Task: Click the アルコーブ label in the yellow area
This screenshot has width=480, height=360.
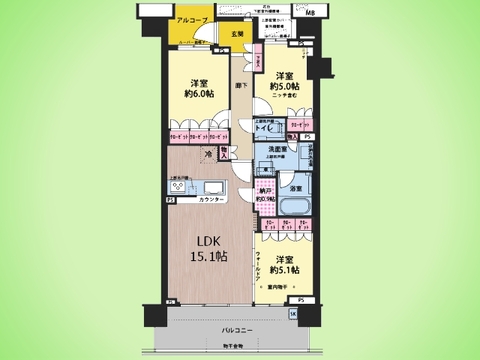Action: pos(191,20)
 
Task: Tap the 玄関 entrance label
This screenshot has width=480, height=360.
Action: pos(236,34)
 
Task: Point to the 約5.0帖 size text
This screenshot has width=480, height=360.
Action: pos(285,86)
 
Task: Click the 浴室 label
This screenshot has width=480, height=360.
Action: pos(297,188)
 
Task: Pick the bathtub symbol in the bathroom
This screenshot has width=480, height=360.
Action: pos(297,208)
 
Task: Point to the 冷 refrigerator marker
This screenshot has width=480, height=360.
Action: pos(208,155)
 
